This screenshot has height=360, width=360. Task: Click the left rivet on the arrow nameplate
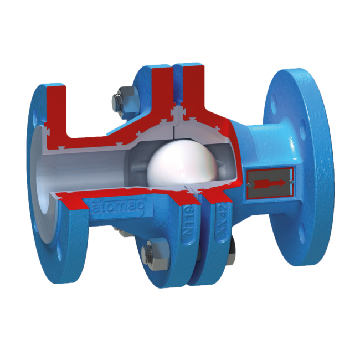pos(252,182)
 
